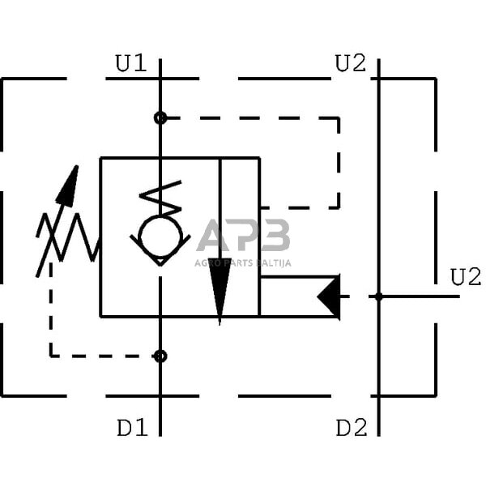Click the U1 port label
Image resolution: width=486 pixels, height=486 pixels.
[131, 63]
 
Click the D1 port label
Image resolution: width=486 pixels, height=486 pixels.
[132, 427]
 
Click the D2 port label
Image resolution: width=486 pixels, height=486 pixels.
[352, 427]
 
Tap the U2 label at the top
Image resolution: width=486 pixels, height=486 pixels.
[351, 63]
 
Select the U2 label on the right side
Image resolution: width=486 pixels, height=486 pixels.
[465, 277]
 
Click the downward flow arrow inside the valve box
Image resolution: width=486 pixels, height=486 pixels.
[220, 288]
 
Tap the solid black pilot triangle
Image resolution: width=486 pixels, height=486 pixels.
[329, 296]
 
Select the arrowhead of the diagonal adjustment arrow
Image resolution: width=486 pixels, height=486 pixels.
[70, 185]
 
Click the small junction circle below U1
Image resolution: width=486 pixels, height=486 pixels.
[160, 118]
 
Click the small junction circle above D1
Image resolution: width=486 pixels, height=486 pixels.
[160, 356]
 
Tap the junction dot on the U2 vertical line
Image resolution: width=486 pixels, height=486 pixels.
[378, 296]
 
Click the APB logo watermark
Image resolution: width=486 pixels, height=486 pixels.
[243, 237]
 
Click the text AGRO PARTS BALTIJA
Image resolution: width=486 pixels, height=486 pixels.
[242, 262]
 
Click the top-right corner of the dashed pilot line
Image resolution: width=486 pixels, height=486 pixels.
[339, 118]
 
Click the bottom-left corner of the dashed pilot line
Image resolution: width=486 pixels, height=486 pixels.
[51, 356]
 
